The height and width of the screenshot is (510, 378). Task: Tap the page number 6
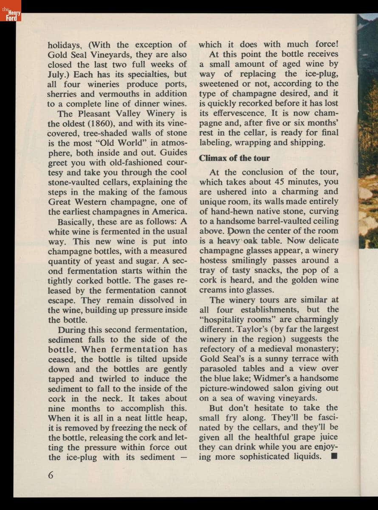(51, 475)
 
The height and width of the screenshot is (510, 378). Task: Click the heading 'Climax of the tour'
(234, 158)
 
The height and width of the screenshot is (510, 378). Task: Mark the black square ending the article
(333, 456)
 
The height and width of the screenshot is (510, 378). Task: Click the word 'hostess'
(215, 260)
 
